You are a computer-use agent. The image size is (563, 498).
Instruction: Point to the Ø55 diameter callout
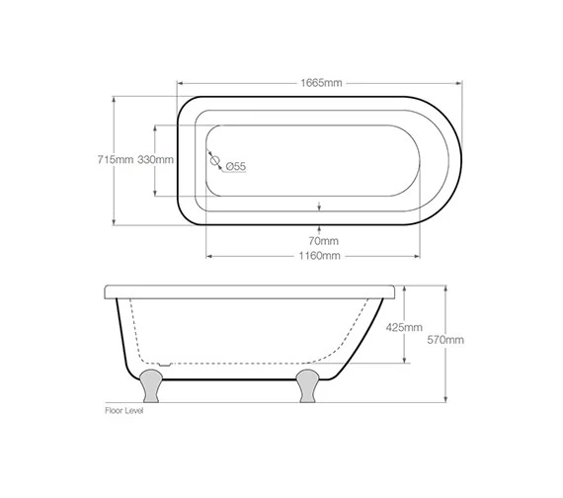235,166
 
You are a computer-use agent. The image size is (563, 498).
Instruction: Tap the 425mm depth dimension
403,327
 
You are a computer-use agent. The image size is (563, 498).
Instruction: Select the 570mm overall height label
444,339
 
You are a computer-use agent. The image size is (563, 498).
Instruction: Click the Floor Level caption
123,409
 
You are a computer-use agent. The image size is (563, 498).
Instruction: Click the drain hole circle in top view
214,157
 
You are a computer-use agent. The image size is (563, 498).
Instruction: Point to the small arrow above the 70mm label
318,206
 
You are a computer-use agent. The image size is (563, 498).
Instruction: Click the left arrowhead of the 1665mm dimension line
179,83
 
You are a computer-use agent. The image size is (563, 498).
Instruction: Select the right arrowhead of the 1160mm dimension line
434,255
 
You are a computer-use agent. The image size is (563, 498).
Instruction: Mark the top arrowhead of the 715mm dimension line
116,97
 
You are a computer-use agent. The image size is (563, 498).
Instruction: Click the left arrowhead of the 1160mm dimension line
207,255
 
